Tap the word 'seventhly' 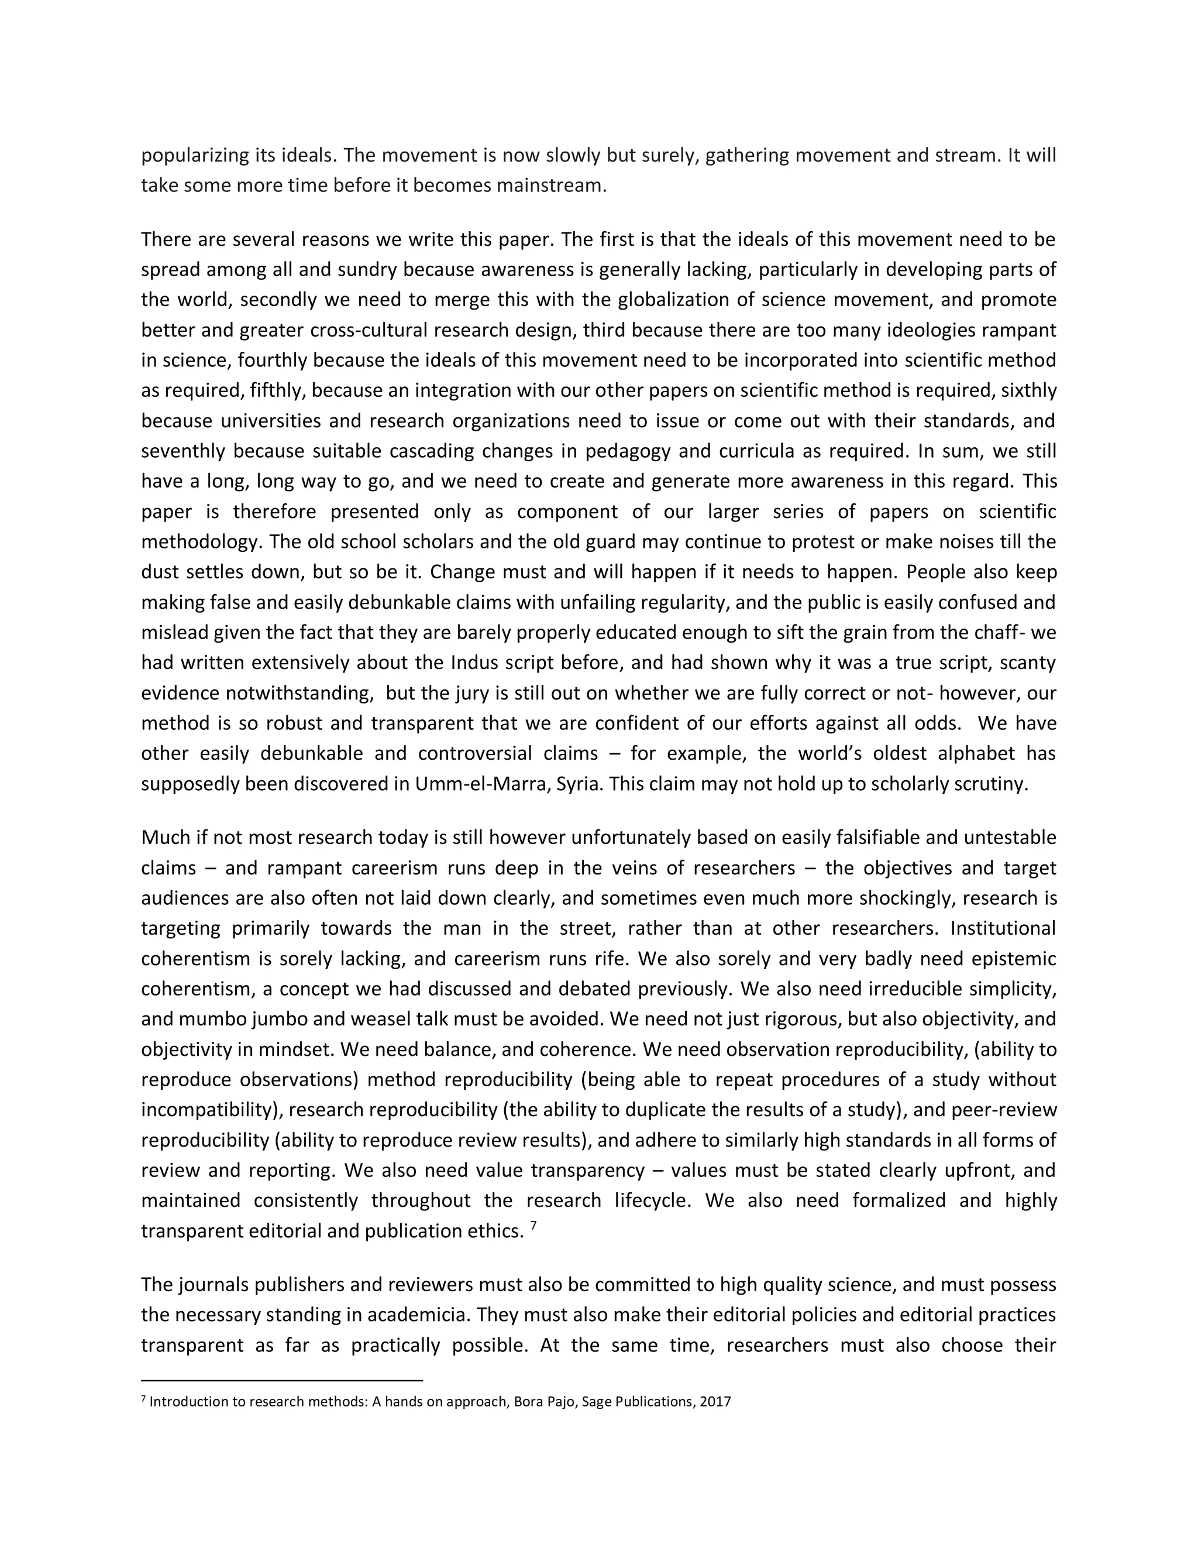click(184, 451)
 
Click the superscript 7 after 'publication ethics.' click(533, 1225)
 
